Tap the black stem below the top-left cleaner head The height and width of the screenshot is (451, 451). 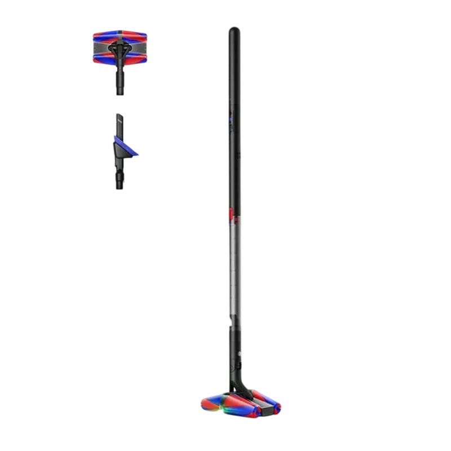click(120, 82)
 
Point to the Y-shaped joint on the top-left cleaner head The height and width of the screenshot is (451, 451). click(120, 49)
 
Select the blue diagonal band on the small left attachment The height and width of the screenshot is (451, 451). click(123, 144)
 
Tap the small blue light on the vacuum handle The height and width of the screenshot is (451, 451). click(229, 120)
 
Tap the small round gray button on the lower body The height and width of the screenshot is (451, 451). click(241, 354)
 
